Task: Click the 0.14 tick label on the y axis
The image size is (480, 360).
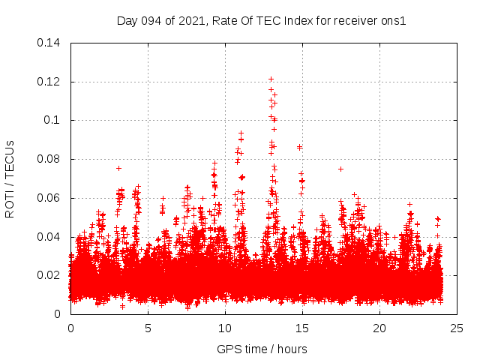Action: [50, 43]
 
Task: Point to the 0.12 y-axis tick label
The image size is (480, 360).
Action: [50, 82]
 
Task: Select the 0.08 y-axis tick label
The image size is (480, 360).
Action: [50, 159]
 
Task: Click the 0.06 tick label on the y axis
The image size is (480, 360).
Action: [50, 198]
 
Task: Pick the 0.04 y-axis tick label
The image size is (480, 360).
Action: [50, 237]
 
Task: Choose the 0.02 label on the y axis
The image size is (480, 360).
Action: [50, 275]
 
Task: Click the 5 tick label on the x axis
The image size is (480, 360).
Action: [148, 328]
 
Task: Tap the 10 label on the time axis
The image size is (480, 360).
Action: [225, 328]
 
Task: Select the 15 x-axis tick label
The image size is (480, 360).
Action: [302, 328]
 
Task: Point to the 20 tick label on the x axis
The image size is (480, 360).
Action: [379, 328]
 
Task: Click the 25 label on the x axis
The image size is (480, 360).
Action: [457, 328]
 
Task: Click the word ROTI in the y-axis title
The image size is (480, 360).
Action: [10, 204]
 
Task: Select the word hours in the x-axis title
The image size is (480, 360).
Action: [292, 349]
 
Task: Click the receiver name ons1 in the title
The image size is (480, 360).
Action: [393, 20]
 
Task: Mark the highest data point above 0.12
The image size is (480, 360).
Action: [271, 79]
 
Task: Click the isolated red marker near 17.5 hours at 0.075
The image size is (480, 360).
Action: [340, 169]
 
